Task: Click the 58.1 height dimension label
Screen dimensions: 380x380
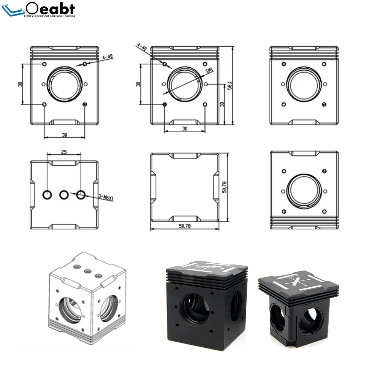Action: pos(230,85)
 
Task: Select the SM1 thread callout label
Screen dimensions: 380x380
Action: pos(209,71)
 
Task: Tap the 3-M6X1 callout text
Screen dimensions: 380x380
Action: pos(106,197)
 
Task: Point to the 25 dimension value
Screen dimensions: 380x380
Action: pos(64,152)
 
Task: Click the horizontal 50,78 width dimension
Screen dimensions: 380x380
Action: pos(185,226)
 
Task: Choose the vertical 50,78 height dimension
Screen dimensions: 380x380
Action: pos(225,187)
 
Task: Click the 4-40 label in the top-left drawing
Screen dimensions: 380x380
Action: pos(108,57)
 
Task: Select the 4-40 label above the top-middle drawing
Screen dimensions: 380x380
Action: pos(142,47)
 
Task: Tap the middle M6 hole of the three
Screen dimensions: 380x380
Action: pos(64,195)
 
